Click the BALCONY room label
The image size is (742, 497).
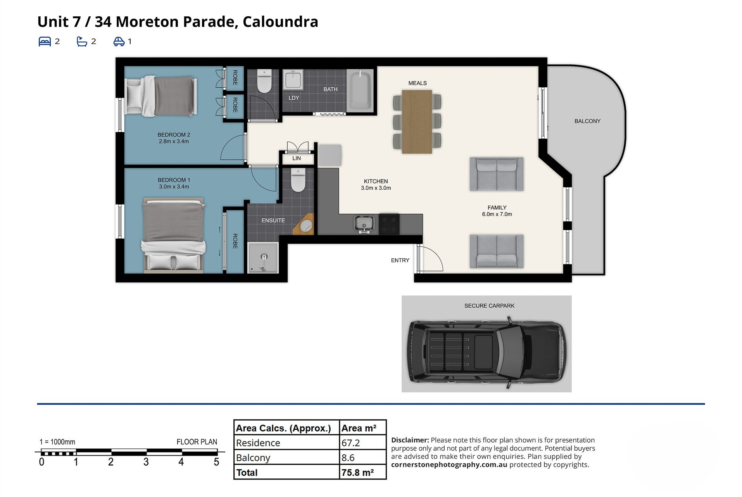[x=587, y=121]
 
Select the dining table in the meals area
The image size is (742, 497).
[x=417, y=121]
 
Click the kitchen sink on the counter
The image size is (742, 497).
[x=364, y=224]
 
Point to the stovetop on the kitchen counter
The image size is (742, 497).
[x=389, y=224]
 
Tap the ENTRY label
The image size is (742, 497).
[x=400, y=260]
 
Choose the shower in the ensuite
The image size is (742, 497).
[x=263, y=258]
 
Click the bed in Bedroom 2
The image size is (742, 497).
[x=161, y=96]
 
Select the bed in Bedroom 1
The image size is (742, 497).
[x=173, y=234]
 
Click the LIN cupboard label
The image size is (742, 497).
[x=297, y=158]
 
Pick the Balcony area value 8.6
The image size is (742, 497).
[x=348, y=458]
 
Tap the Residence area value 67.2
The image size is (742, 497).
[x=350, y=443]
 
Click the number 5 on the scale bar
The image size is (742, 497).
[x=216, y=462]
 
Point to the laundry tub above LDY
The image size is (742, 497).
[x=293, y=80]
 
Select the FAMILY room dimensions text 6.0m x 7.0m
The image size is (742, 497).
[x=497, y=214]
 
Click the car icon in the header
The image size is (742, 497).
[x=119, y=42]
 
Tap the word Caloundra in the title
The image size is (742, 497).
[x=280, y=22]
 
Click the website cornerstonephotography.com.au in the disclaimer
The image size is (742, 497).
[x=449, y=465]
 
